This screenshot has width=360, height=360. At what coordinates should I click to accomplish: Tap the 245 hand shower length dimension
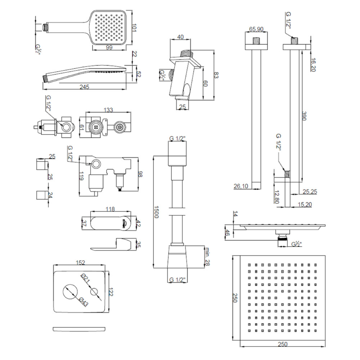[x=85, y=87]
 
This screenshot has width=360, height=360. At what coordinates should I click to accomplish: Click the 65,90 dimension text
[x=256, y=29]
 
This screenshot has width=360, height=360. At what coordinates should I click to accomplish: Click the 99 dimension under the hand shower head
[x=109, y=48]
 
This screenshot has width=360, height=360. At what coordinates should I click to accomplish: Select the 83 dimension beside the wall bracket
[x=216, y=75]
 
